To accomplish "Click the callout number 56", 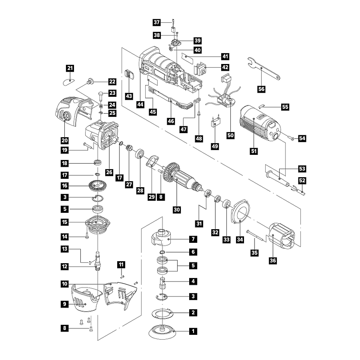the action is tap(261, 89).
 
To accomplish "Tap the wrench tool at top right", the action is tap(263, 69).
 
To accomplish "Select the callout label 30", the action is tap(176, 210).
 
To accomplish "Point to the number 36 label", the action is tap(273, 260).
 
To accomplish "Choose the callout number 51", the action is tap(254, 151).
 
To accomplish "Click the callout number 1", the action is tap(193, 331).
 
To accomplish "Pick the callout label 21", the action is tap(70, 68).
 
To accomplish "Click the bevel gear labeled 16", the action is tap(98, 185).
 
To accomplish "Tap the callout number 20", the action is tap(65, 140).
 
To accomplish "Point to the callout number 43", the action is tap(129, 96).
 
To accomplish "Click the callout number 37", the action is tap(156, 22).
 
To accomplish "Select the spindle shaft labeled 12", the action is tap(98, 261).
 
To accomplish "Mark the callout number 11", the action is tap(121, 264).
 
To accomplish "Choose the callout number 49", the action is tap(215, 146).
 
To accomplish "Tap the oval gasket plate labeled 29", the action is tap(152, 162).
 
